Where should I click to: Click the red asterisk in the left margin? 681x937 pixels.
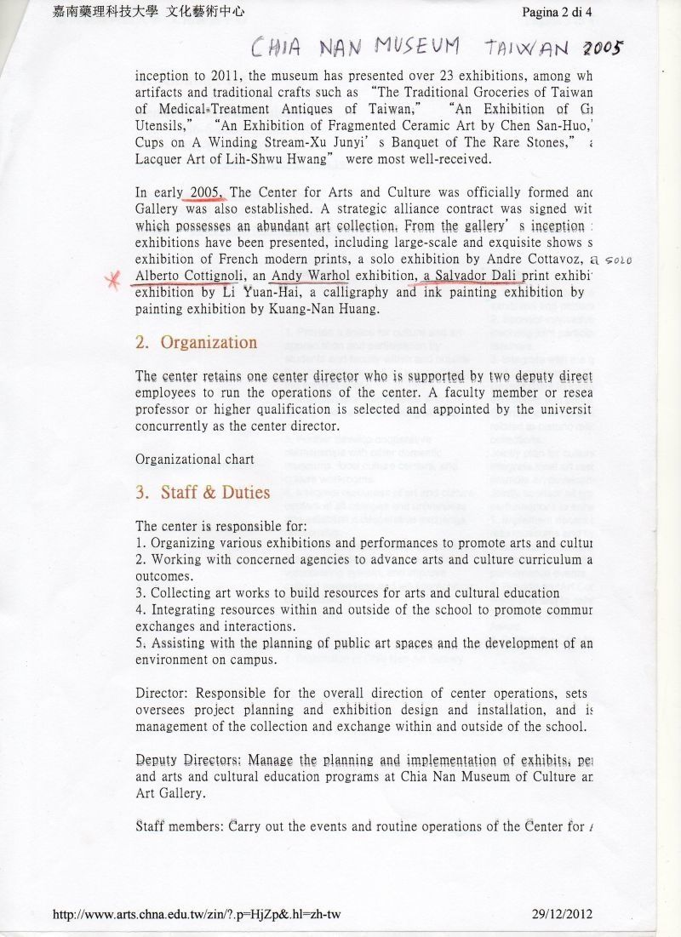[x=110, y=280]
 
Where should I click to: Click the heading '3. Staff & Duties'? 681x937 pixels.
[x=203, y=492]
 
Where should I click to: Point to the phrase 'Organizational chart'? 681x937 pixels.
[x=194, y=459]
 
